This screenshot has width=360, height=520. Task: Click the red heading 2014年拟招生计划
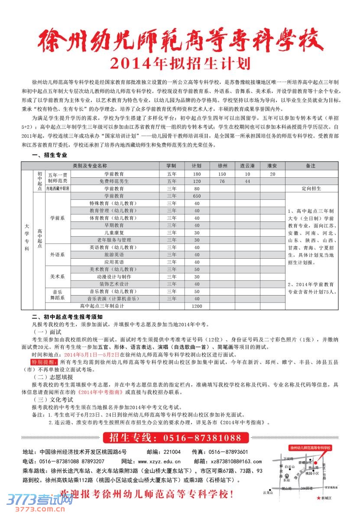180,63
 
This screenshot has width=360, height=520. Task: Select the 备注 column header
310,166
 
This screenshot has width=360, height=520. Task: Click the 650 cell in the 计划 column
197,196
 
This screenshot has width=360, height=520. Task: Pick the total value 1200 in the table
197,306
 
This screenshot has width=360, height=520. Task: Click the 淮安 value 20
272,174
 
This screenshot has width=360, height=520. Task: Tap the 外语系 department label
57,255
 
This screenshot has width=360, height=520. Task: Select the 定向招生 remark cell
310,188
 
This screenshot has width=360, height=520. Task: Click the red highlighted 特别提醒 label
44,361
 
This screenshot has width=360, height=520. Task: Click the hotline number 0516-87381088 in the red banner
202,438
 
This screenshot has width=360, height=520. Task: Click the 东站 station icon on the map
286,476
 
